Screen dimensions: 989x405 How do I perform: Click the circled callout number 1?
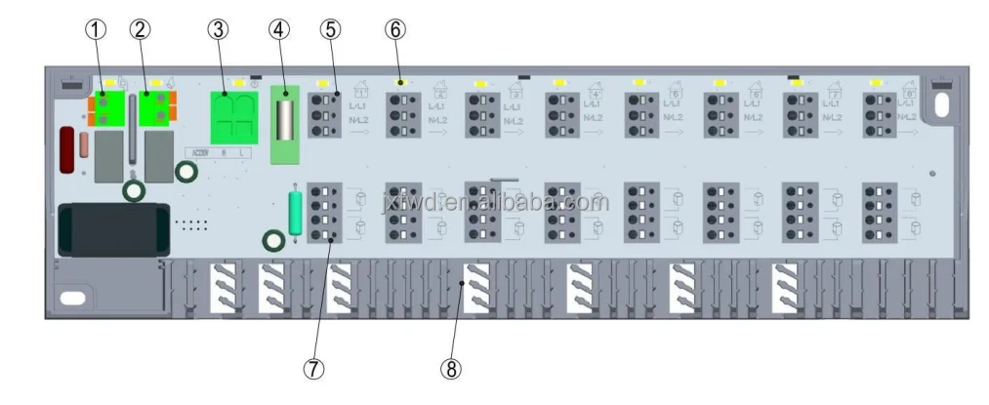[x=95, y=29]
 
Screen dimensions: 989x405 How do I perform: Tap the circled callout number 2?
[x=141, y=29]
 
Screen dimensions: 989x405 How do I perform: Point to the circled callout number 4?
[x=280, y=29]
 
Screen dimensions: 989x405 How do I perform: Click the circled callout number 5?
[x=329, y=29]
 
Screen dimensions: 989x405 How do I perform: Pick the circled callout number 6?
[x=394, y=29]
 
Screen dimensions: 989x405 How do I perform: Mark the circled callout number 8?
[x=450, y=369]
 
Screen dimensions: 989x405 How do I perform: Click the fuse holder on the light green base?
[x=285, y=117]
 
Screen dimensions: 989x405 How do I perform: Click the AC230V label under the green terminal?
[x=200, y=152]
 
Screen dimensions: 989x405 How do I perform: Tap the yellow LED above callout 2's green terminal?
[x=156, y=84]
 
